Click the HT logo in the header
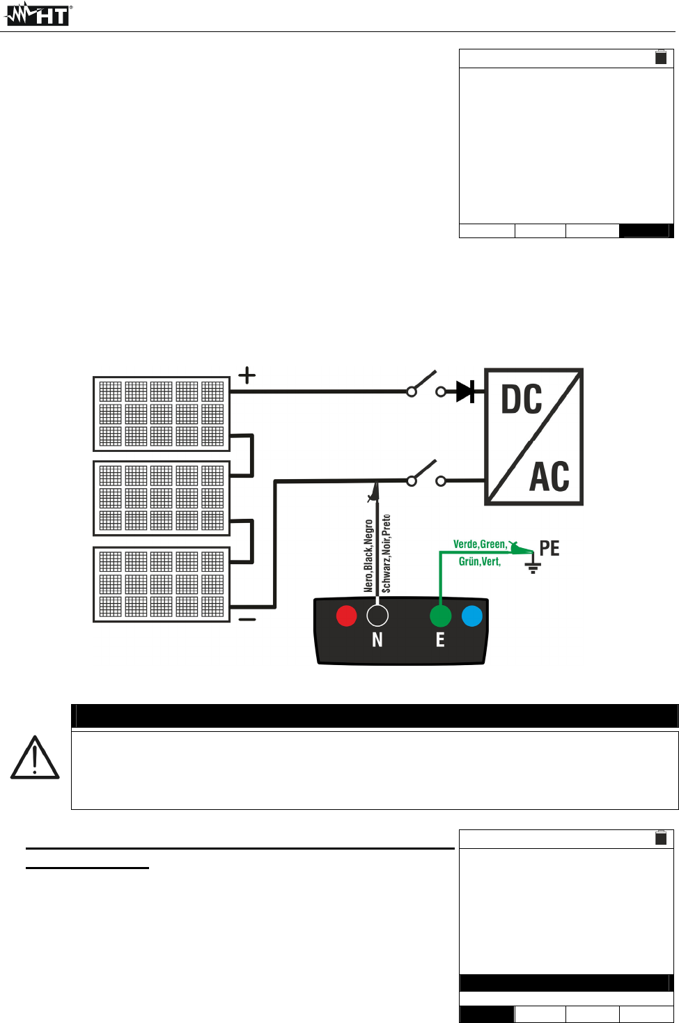point(38,15)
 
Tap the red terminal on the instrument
point(346,616)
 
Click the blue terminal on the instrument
point(472,616)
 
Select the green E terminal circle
point(440,616)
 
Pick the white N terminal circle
point(377,616)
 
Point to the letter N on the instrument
point(377,639)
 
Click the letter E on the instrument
point(440,639)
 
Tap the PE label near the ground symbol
point(549,549)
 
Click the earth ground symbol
point(533,566)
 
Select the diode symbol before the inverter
point(465,391)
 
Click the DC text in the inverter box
point(522,400)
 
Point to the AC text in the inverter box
point(549,477)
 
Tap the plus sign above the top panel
point(247,376)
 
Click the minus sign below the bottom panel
point(247,619)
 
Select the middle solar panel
point(162,498)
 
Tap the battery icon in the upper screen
point(661,57)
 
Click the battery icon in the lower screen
point(661,838)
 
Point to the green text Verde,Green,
point(480,544)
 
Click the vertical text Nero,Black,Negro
point(368,556)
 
